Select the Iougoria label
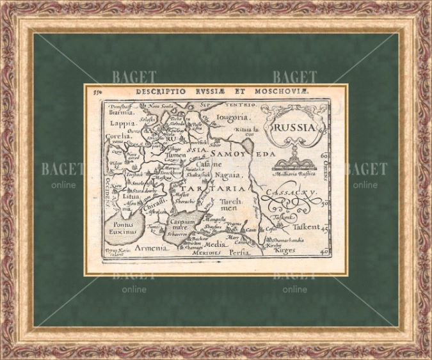(232, 118)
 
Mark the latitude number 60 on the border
(324, 155)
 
